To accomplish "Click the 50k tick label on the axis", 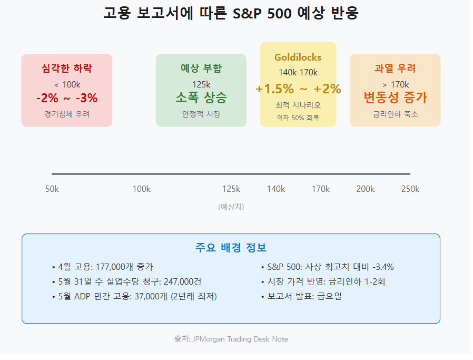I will point(52,189).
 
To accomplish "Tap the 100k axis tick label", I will point(142,189).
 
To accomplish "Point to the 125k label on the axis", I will point(231,189).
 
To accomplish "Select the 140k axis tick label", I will point(276,189).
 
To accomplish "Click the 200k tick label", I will point(366,189).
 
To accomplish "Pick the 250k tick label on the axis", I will point(410,189).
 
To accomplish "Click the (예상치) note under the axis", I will point(231,207).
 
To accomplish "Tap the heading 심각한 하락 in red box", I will point(67,68).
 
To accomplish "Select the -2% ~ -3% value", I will point(67,98).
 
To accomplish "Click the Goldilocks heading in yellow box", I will point(298,57).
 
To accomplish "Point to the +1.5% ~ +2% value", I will point(298,89).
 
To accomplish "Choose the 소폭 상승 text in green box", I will point(201,98).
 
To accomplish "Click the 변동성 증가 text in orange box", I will point(395,98).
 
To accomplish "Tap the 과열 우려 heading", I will point(395,68).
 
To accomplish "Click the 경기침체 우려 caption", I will point(67,114).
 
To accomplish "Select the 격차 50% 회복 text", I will point(298,118).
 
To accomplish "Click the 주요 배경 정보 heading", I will point(231,247).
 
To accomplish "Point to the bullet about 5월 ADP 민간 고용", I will point(134,296).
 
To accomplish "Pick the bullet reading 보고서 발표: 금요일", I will point(301,296).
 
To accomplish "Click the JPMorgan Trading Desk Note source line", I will point(231,339).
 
